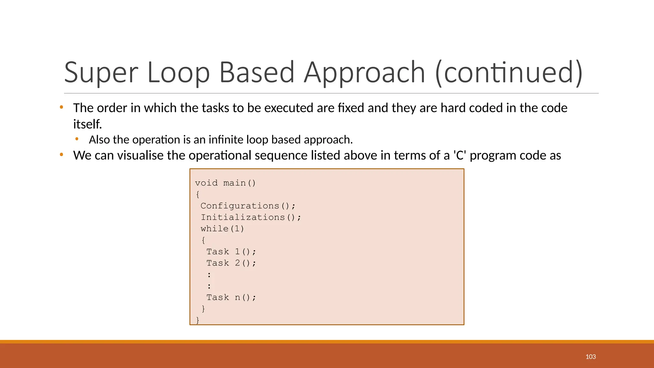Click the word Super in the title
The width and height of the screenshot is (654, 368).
pos(101,73)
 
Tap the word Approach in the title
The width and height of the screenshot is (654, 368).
pos(364,73)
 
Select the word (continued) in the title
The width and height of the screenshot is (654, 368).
pos(509,73)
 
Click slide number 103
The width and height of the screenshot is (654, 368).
pos(590,357)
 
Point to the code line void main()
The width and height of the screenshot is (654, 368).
pos(225,183)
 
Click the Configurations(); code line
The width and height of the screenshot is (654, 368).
pos(248,206)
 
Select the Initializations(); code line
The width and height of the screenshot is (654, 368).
pos(251,218)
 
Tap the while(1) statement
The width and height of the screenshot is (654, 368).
pos(222,229)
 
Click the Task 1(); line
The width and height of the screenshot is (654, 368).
pos(231,252)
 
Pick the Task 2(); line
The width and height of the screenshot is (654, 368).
pos(231,263)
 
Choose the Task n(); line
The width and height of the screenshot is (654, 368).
pos(231,297)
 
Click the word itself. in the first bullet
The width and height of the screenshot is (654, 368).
pos(87,124)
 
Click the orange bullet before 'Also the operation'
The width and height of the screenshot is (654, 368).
pos(77,139)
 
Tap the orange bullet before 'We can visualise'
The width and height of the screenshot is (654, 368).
pos(62,155)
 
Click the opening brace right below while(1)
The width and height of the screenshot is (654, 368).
pos(203,240)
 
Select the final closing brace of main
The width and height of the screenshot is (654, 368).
pos(198,320)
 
